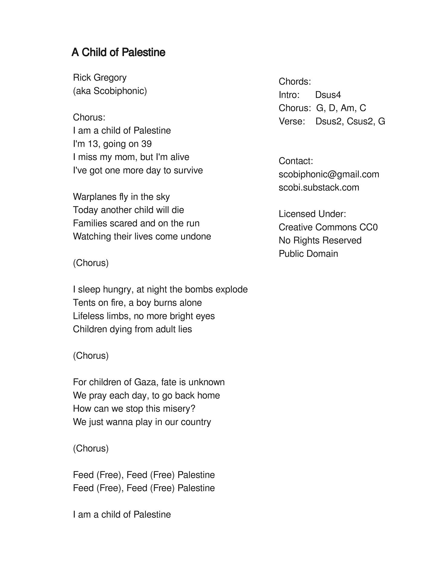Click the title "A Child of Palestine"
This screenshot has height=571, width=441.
[x=118, y=52]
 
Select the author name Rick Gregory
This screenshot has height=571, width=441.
[x=100, y=78]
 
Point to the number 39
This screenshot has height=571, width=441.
[x=146, y=144]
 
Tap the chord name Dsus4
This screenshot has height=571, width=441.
[x=328, y=95]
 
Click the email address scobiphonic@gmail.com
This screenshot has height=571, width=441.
[x=329, y=174]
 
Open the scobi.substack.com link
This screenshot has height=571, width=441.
[x=319, y=187]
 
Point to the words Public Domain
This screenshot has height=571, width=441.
[x=308, y=254]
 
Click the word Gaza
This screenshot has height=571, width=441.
[x=145, y=382]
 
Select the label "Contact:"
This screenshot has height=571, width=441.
[x=296, y=161]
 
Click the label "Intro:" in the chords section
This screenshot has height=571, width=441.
[x=289, y=95]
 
